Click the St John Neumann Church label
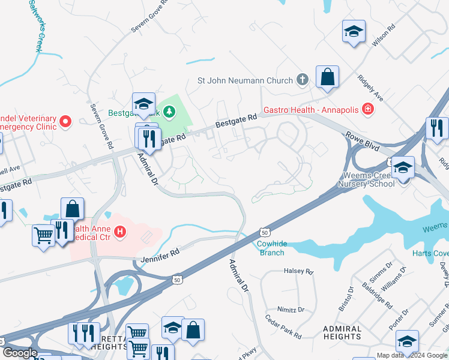245,80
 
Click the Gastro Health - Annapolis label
311,110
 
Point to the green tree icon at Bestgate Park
170,112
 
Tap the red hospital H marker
121,231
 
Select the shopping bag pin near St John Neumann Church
327,77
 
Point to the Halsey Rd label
298,272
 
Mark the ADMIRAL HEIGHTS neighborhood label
342,332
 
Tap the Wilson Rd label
384,36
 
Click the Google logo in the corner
20,352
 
